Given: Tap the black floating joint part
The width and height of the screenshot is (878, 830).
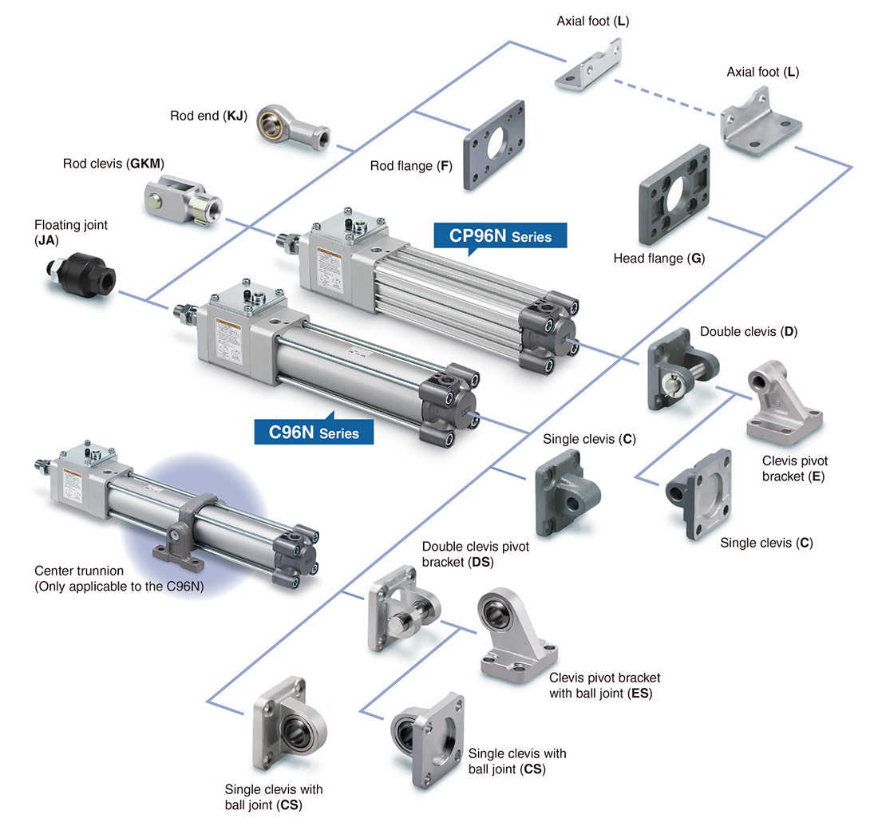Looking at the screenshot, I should pyautogui.click(x=80, y=275).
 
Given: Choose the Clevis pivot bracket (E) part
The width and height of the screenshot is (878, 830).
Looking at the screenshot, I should pyautogui.click(x=783, y=404).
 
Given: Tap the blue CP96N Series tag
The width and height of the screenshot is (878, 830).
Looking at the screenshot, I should pyautogui.click(x=500, y=236).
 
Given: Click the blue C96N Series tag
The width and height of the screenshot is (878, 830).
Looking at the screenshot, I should pyautogui.click(x=314, y=433).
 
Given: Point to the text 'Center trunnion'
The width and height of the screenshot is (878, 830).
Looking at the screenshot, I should pyautogui.click(x=79, y=571).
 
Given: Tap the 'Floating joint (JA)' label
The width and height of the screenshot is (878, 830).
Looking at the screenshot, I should pyautogui.click(x=70, y=231).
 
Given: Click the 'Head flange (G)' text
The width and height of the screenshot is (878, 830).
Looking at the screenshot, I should pyautogui.click(x=658, y=258).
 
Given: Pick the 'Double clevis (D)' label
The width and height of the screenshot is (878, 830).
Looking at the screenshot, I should pyautogui.click(x=749, y=331).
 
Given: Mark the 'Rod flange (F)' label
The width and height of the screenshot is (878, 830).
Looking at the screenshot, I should pyautogui.click(x=411, y=167).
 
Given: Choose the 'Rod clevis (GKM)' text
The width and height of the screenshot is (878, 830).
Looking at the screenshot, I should pyautogui.click(x=113, y=164).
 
